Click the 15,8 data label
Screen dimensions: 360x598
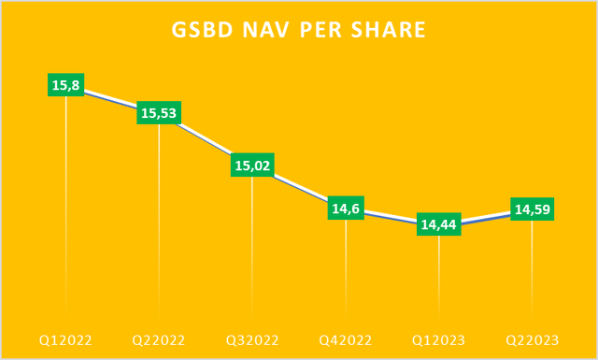coord(65,85)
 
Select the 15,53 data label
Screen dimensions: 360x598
coord(159,112)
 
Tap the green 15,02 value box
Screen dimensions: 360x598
coord(252,166)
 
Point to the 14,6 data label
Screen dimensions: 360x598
coord(346,209)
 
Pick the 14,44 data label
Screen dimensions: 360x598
coord(439,224)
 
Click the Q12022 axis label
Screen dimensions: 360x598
coord(65,339)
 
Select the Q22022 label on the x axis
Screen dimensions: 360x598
coord(159,339)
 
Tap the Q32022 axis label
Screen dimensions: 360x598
coord(252,339)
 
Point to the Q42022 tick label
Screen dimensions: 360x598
coord(346,339)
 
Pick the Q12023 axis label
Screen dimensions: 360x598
coord(439,339)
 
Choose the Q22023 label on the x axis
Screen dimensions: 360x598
coord(533,339)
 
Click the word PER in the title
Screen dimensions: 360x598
coord(323,31)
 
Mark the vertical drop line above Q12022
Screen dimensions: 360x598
coord(65,206)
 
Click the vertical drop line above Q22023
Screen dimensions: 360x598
coord(533,271)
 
